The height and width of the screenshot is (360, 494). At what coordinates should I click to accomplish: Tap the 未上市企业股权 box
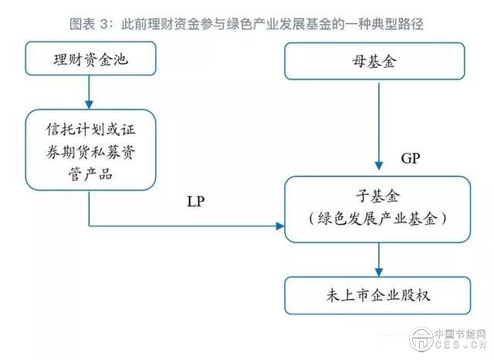(x=378, y=297)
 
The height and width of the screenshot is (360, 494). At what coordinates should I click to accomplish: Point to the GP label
(x=411, y=158)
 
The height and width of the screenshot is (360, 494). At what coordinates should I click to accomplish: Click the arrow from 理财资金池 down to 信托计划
(x=90, y=94)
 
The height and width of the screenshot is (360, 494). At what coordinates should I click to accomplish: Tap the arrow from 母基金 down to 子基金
(x=378, y=124)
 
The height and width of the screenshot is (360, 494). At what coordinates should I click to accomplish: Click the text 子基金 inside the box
(x=378, y=197)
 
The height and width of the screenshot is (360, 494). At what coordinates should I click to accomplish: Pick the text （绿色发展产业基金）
(x=378, y=219)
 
